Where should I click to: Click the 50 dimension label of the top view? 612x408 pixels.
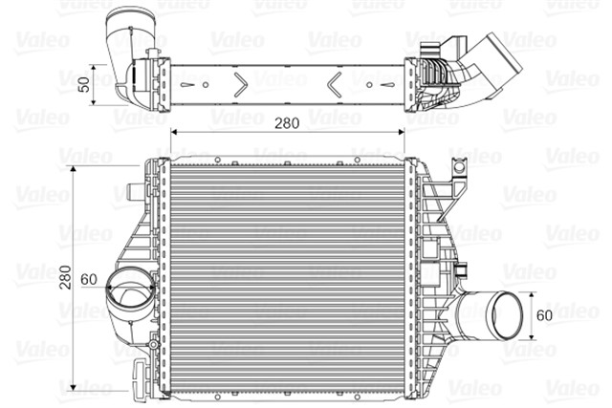coord(83,82)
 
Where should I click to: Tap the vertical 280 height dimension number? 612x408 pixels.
coord(64,276)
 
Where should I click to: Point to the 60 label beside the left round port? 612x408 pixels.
coord(89,279)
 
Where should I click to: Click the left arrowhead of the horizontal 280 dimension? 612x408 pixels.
coord(173,132)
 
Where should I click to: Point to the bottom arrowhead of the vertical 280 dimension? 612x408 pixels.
coord(76,391)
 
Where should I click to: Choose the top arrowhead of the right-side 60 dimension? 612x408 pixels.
coord(532,294)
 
